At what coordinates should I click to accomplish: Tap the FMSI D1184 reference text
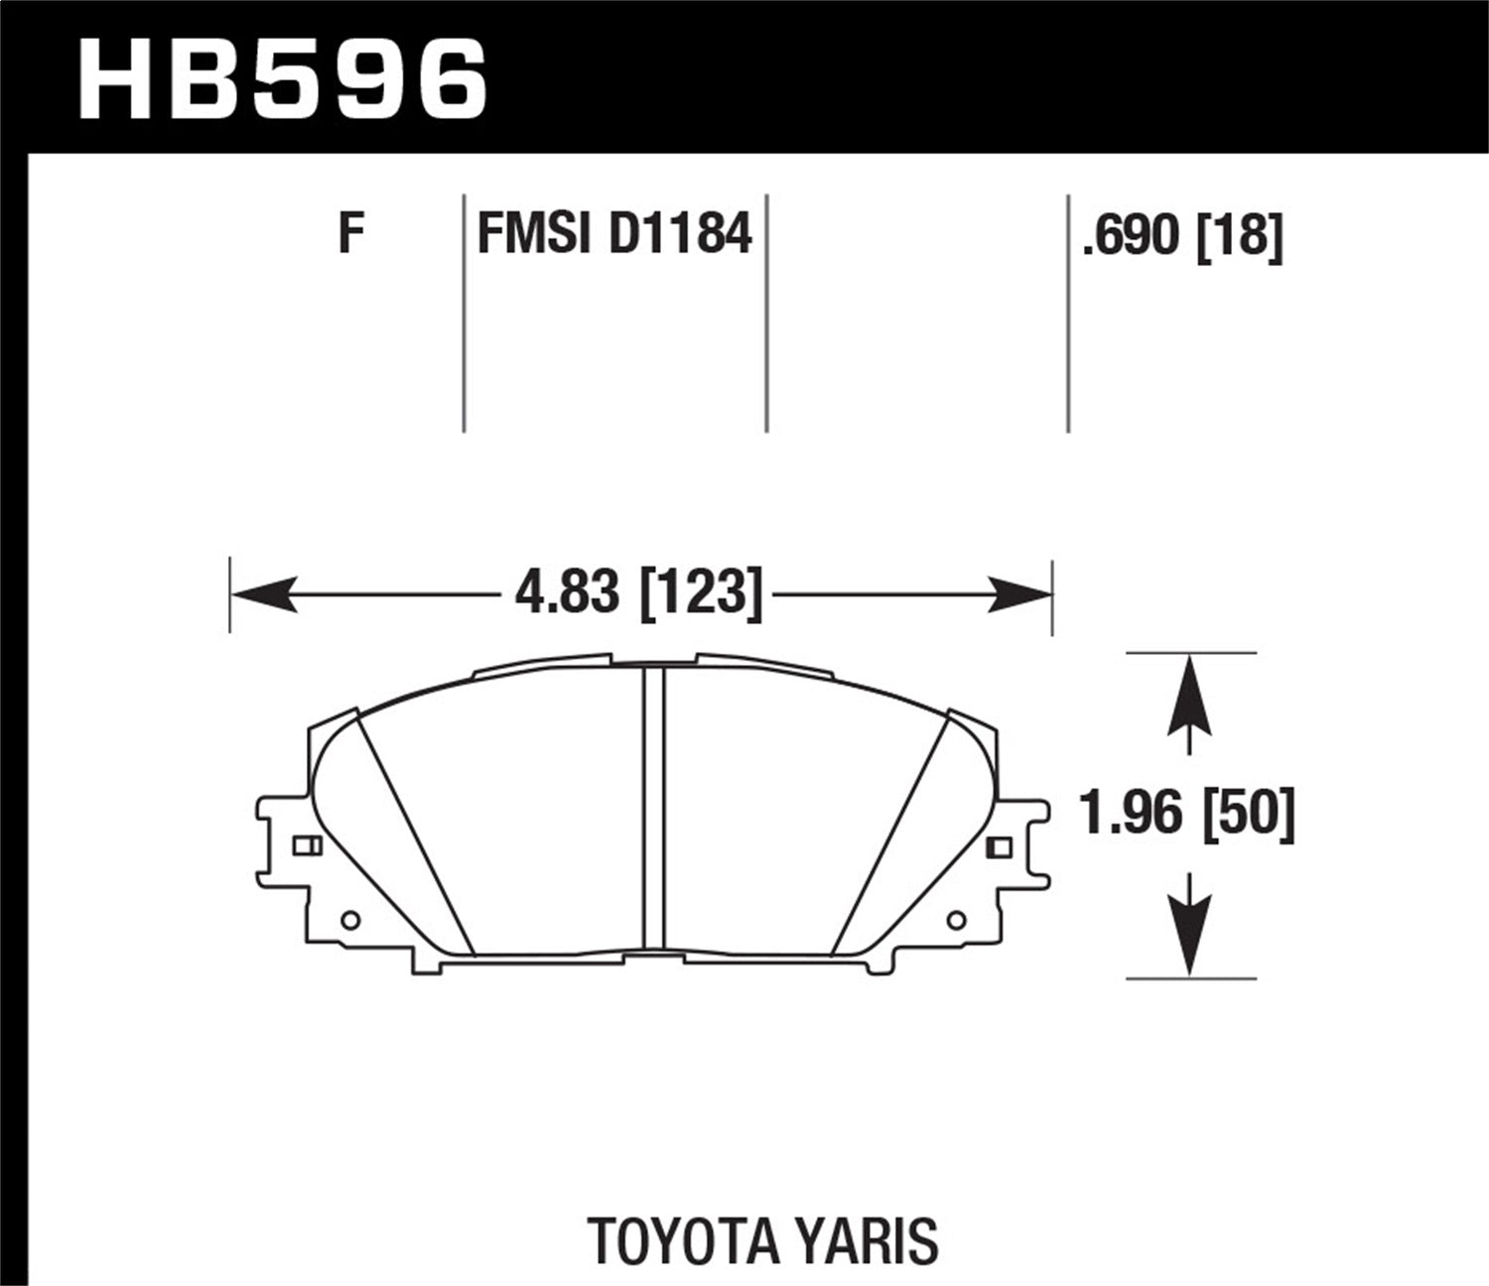coord(614,235)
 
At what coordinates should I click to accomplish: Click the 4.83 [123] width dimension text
coord(639,594)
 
